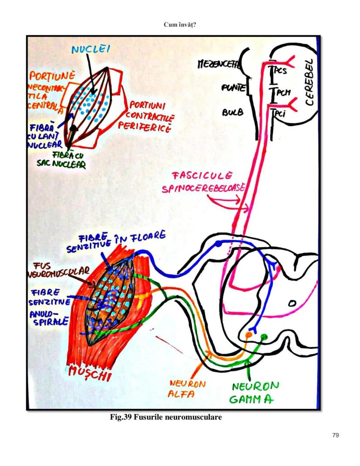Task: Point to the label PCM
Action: click(x=280, y=93)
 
